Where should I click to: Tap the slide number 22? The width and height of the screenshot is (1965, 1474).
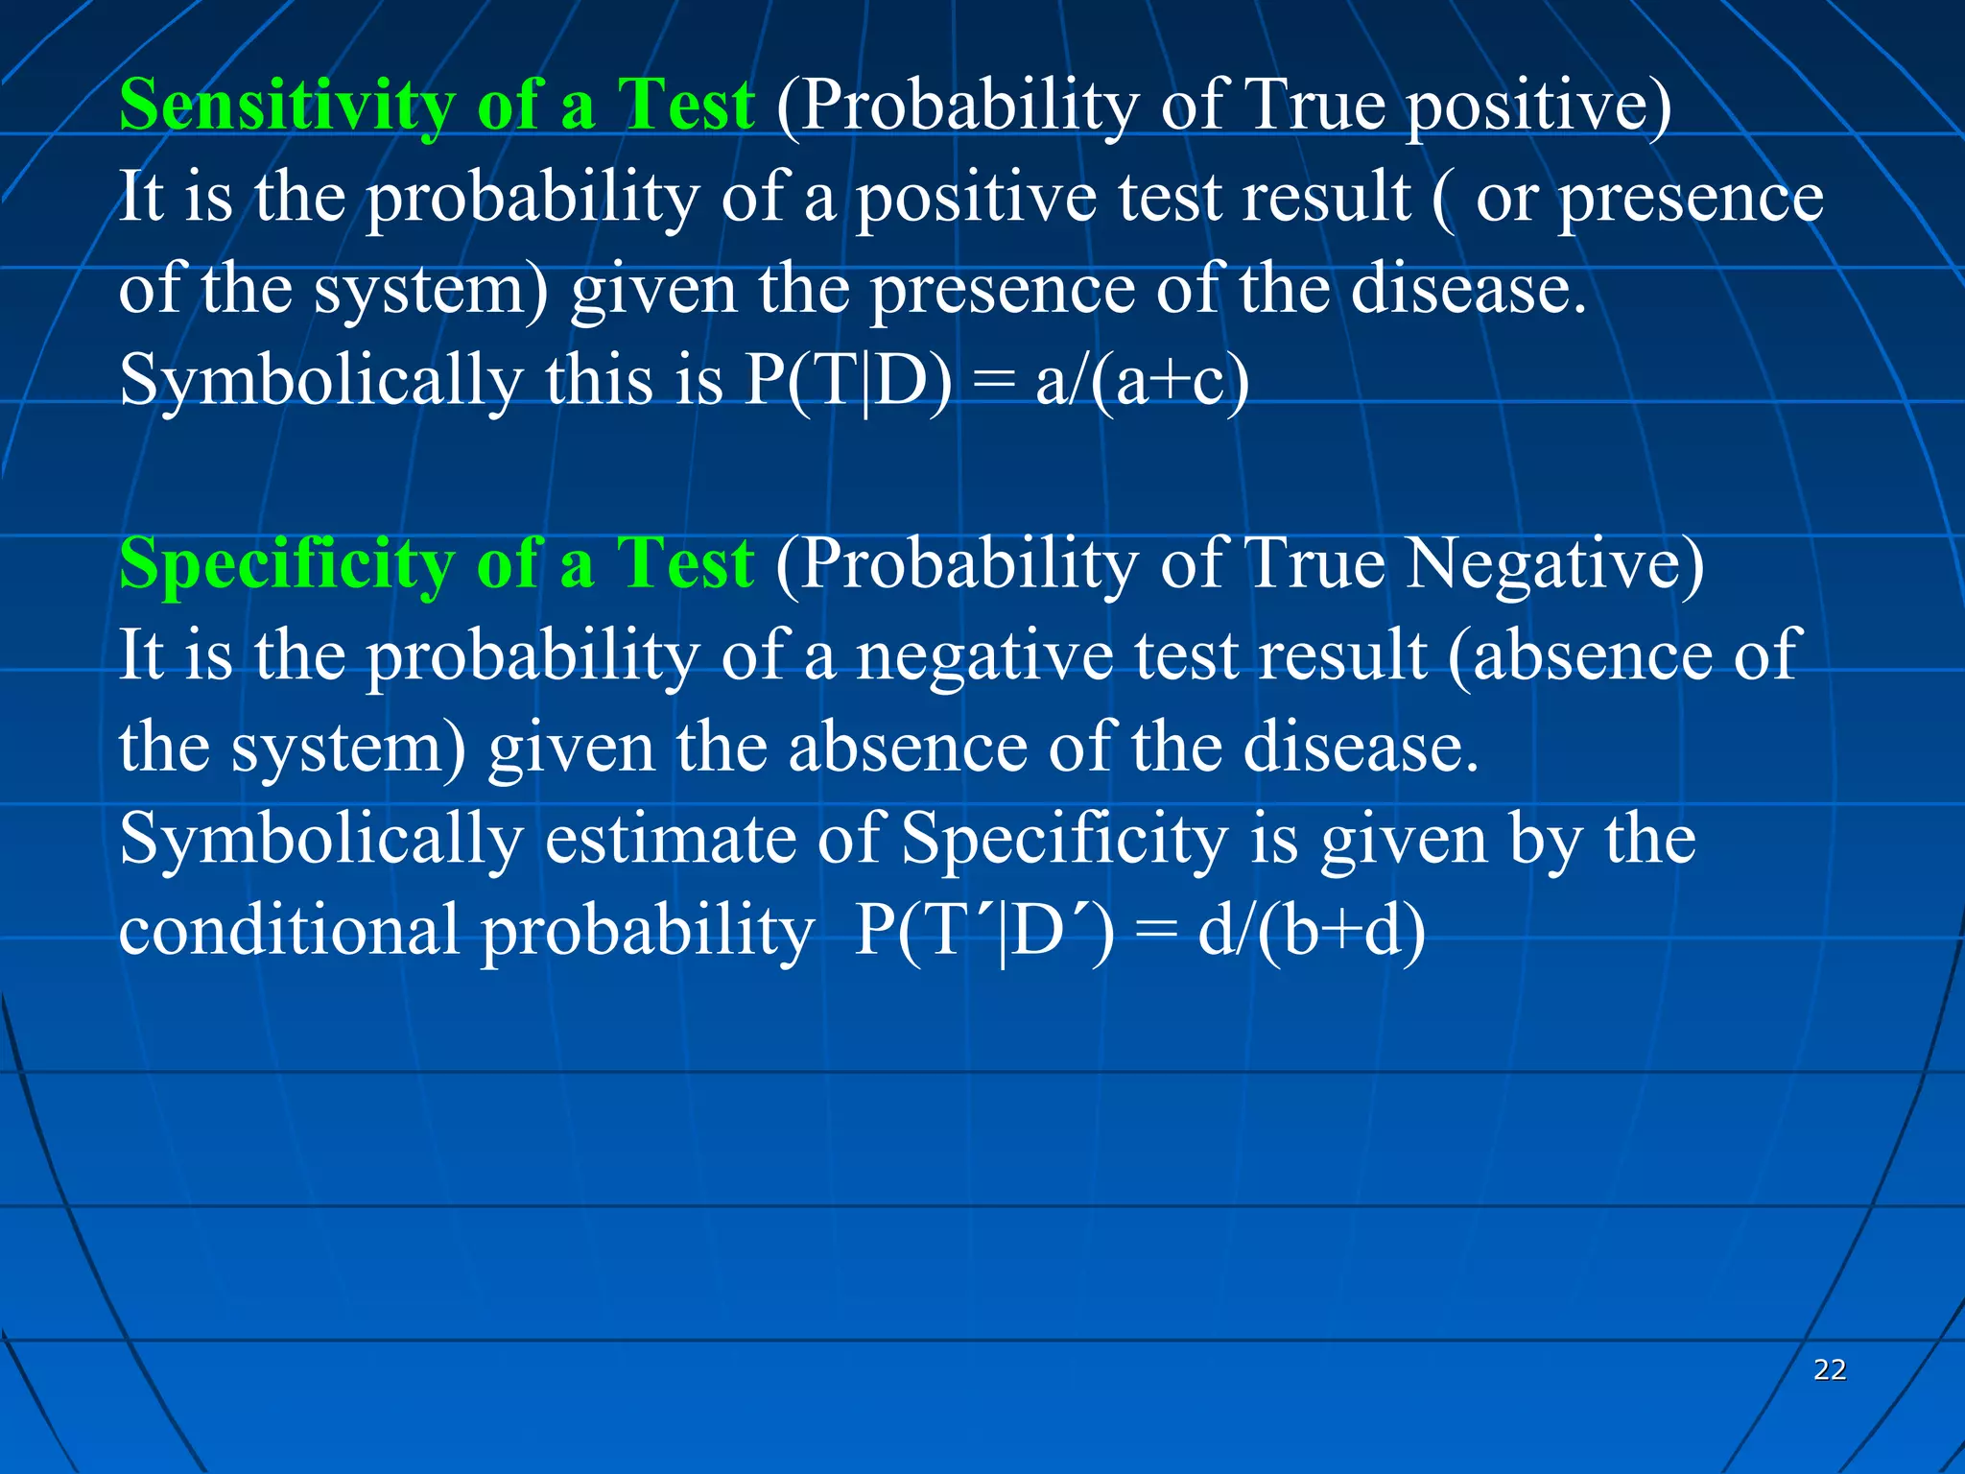pos(1830,1369)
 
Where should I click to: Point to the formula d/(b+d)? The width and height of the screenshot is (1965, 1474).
pos(1311,932)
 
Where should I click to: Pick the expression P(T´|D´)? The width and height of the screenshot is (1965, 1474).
pos(983,932)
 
